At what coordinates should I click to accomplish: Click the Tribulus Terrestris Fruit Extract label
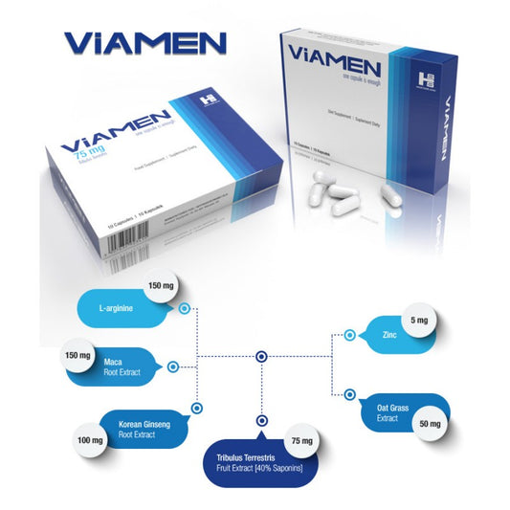tap(257, 462)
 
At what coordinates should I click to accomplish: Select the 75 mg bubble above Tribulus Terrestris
tap(301, 441)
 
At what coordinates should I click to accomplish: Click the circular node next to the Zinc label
tap(350, 335)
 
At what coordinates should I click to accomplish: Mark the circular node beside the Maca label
tap(173, 366)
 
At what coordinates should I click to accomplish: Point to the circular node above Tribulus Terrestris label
tap(259, 419)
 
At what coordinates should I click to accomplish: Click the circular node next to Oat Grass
tap(351, 396)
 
